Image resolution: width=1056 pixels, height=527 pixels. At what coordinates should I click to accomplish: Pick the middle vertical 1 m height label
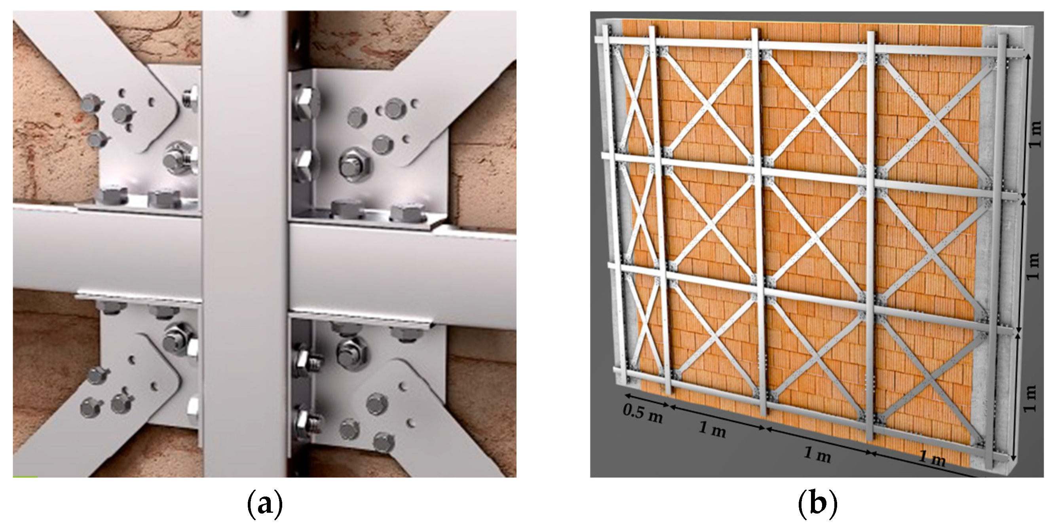click(x=1032, y=266)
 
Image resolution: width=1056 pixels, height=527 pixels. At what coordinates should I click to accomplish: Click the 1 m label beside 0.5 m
click(x=712, y=429)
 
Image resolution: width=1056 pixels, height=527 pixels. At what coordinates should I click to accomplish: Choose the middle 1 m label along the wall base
click(x=817, y=455)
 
